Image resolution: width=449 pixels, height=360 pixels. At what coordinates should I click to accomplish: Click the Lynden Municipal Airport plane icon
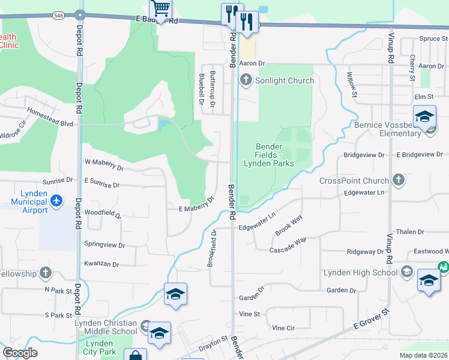[57, 199]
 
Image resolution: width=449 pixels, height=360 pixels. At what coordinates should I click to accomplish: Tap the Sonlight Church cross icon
[246, 80]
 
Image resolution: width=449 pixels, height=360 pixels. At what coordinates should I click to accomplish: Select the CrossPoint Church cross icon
[397, 180]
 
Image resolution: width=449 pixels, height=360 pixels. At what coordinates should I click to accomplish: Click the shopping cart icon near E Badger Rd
[160, 8]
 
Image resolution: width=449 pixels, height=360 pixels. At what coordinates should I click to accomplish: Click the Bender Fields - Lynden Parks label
[268, 155]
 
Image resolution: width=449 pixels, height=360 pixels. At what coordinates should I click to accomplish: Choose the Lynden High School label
[360, 272]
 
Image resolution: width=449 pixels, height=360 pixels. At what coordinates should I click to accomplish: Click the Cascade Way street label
[288, 245]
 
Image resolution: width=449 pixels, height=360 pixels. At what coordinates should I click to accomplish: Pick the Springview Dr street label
[104, 245]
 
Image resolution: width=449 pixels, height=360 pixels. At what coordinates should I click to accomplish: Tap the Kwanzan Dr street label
[101, 264]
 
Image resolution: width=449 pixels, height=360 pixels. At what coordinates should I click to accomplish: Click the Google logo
[20, 353]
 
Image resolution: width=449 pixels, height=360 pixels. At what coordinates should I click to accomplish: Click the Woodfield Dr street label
[103, 214]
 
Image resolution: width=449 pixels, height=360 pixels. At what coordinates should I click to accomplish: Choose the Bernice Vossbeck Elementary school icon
[424, 116]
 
